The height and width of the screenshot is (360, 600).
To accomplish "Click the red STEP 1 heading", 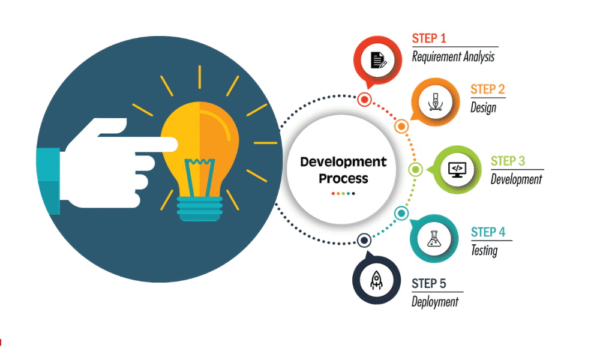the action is (x=429, y=38).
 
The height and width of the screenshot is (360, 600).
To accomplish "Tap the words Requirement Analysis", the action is (x=453, y=57).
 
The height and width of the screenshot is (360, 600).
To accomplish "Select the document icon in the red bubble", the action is (x=378, y=60).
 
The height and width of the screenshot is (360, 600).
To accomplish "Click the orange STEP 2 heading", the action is (x=487, y=89).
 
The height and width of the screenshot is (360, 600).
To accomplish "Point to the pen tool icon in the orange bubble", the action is (x=435, y=102).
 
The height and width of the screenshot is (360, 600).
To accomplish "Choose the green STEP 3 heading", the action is (x=508, y=161).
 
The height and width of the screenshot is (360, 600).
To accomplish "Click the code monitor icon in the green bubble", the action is (x=457, y=170).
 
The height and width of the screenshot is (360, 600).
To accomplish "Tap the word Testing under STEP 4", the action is (x=484, y=251).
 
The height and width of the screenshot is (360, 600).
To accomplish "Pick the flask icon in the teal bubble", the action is (x=434, y=239).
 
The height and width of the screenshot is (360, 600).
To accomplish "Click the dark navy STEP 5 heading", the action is (x=428, y=283).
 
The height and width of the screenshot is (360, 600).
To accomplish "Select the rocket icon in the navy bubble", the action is (x=376, y=280).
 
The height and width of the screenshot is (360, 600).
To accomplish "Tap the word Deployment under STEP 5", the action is (x=434, y=302).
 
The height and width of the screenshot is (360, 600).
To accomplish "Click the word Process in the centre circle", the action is (x=343, y=179).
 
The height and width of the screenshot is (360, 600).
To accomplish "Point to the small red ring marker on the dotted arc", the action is (x=365, y=100).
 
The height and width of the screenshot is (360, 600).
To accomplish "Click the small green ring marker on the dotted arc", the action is (x=416, y=169).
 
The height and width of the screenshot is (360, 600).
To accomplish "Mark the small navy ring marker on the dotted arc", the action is (x=364, y=241).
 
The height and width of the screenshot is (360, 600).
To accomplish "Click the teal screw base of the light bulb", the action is (x=200, y=209).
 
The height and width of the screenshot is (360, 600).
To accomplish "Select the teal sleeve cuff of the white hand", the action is (x=48, y=181).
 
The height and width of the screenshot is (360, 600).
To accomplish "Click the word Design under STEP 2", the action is (x=483, y=107).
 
